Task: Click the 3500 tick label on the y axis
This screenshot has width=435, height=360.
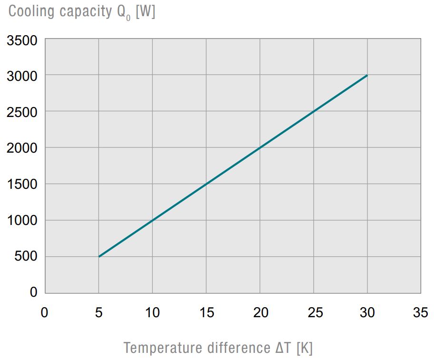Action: pyautogui.click(x=22, y=41)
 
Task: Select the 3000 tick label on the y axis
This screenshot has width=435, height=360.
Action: pyautogui.click(x=22, y=76)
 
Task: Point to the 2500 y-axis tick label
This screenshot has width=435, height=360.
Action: pyautogui.click(x=22, y=112)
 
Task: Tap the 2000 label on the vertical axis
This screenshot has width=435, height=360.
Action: pyautogui.click(x=22, y=148)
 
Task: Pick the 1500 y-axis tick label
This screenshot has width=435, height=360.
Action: pyautogui.click(x=22, y=185)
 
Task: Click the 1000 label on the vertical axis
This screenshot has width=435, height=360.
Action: pyautogui.click(x=22, y=221)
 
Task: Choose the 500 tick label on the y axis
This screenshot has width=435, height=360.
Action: pyautogui.click(x=27, y=257)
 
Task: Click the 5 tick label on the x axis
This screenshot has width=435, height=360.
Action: pyautogui.click(x=99, y=312)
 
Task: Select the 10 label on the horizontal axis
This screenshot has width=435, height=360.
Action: pyautogui.click(x=152, y=312)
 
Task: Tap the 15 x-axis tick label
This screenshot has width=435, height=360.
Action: pyautogui.click(x=206, y=312)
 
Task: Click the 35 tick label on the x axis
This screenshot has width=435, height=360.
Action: pyautogui.click(x=420, y=312)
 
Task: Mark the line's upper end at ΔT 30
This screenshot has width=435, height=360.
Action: pyautogui.click(x=367, y=75)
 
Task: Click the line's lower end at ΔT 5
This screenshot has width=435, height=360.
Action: pyautogui.click(x=99, y=256)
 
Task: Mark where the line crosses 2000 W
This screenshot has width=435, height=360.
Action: pyautogui.click(x=260, y=147)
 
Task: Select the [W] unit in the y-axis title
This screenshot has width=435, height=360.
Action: pyautogui.click(x=145, y=11)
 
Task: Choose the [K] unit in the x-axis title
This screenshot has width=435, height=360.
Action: pyautogui.click(x=304, y=348)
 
